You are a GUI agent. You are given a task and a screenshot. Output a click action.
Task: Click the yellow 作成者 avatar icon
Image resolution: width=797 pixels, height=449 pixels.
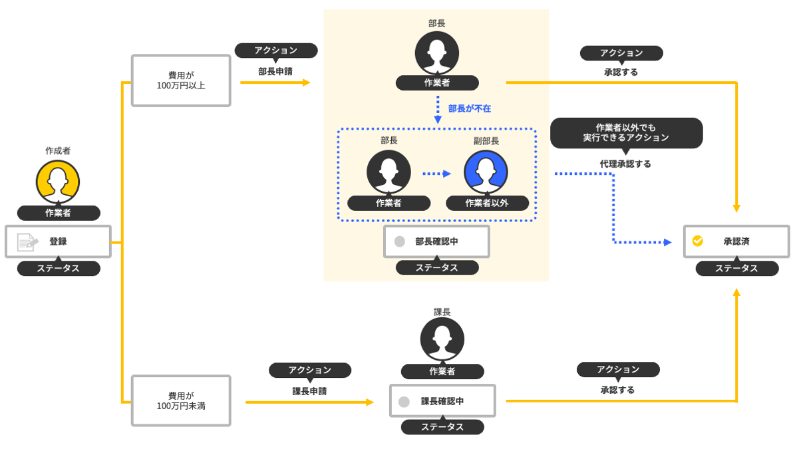[58, 182]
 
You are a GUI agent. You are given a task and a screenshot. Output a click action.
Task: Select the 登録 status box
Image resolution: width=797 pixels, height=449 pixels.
[58, 241]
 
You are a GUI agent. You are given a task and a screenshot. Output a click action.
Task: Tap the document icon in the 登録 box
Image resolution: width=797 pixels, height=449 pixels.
[27, 242]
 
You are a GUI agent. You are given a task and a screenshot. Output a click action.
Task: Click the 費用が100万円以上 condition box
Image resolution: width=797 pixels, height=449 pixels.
[181, 80]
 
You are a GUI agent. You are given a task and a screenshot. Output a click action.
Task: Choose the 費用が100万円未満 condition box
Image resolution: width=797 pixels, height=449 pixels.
[181, 400]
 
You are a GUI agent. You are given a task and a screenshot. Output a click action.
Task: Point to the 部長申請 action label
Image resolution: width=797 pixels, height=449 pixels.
[275, 71]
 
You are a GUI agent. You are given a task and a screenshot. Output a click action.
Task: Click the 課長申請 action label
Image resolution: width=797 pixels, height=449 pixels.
[309, 391]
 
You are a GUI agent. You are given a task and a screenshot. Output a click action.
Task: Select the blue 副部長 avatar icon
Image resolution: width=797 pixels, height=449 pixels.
[486, 172]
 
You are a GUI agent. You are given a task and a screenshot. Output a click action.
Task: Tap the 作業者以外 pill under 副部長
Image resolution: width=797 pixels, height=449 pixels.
[487, 203]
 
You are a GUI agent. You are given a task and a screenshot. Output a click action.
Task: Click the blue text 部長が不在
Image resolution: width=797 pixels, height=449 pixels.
[470, 108]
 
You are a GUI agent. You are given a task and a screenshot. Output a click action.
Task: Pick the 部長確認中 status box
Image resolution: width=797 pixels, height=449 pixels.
[436, 241]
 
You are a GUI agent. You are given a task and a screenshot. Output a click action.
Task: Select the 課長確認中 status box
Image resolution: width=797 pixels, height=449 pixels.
[442, 401]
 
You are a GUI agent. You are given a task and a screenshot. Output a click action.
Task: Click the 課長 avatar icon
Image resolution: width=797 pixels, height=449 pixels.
[442, 339]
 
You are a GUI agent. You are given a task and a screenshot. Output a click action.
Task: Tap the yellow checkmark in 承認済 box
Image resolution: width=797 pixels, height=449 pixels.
[698, 241]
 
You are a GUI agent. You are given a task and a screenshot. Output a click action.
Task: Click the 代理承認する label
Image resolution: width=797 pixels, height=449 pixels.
[625, 163]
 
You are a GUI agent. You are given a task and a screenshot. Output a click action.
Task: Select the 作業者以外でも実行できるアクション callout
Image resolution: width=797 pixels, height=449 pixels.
[626, 132]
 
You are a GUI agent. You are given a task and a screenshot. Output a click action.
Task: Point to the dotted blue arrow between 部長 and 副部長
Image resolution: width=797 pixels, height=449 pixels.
[436, 174]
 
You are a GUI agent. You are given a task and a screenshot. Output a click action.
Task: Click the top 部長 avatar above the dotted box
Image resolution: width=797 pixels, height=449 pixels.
[437, 53]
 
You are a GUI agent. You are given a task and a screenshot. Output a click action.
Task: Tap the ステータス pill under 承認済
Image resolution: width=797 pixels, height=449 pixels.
[736, 268]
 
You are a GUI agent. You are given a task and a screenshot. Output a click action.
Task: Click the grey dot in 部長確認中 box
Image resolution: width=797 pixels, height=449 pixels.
[400, 241]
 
